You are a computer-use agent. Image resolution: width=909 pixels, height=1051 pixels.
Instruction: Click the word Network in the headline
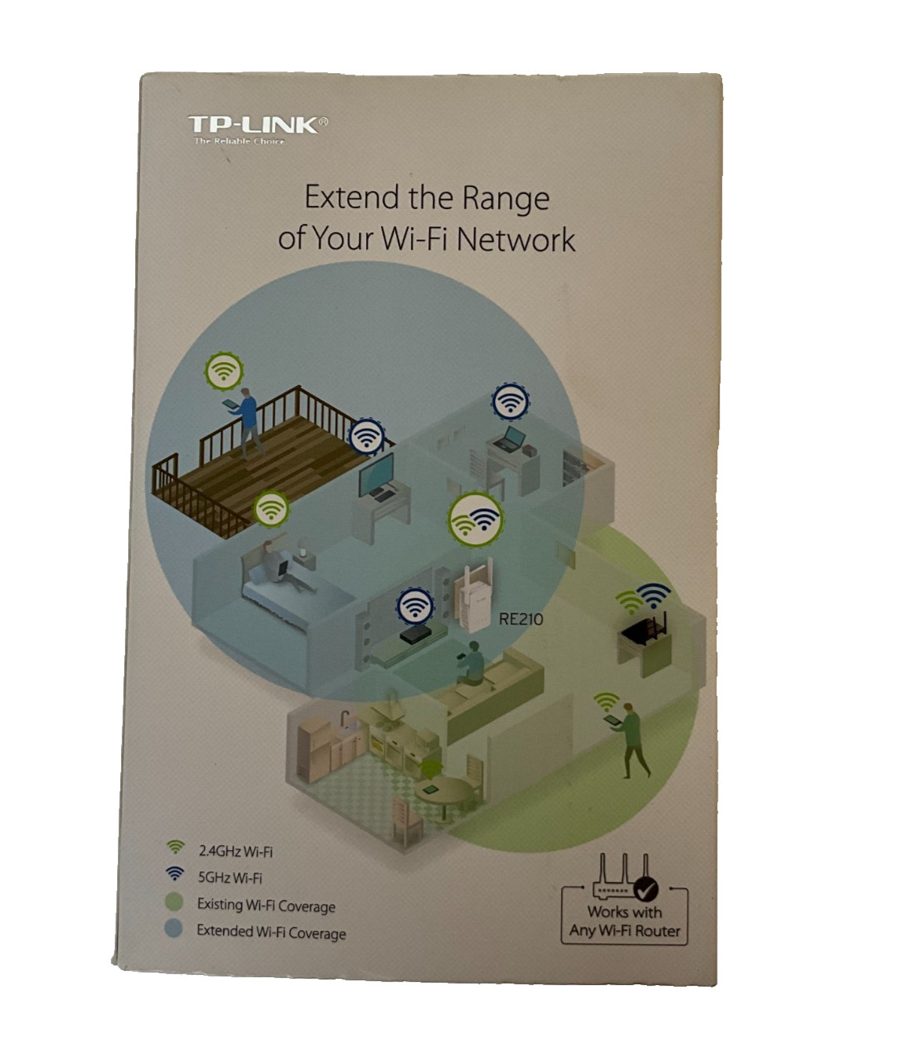(515, 239)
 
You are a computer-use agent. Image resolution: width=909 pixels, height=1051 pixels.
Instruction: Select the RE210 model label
(521, 619)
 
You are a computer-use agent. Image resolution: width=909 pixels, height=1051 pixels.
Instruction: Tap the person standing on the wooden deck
(247, 420)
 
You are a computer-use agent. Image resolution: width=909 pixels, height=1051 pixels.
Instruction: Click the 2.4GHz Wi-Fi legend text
(235, 851)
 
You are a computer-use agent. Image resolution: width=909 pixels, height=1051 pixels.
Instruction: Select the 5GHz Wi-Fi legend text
(229, 877)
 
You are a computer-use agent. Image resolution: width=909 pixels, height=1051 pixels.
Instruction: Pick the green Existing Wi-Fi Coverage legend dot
(174, 902)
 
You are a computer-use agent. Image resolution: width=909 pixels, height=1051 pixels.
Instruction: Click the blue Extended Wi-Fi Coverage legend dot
(174, 929)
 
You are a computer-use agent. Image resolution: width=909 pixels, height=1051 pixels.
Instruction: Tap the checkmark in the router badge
(647, 888)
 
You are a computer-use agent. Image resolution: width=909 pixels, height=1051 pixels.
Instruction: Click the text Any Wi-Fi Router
(625, 931)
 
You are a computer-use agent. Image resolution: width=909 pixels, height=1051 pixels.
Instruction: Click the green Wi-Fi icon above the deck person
(225, 369)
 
